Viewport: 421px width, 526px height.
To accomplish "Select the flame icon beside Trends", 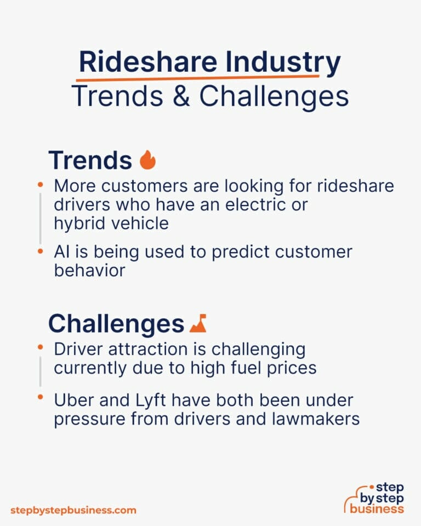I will click(x=147, y=160).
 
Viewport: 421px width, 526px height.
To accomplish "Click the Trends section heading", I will click(x=90, y=160).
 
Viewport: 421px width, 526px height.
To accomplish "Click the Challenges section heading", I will click(x=116, y=324).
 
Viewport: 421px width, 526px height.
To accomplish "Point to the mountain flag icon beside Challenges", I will click(x=198, y=324).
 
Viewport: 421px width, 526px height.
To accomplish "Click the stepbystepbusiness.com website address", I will click(x=73, y=510).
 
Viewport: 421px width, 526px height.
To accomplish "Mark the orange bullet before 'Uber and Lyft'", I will click(x=41, y=396).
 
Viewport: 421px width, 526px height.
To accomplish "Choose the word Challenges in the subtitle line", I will click(x=274, y=96).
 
